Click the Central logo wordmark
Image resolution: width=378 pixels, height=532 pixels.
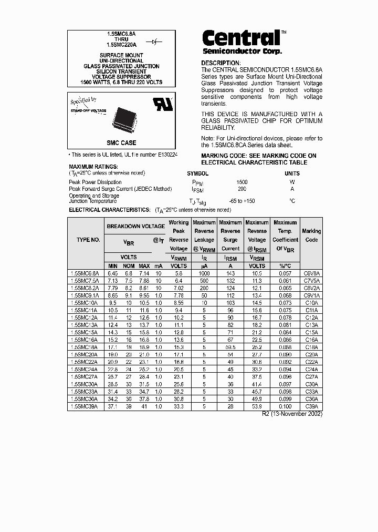click(x=241, y=38)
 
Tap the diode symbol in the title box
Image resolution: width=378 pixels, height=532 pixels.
click(x=154, y=41)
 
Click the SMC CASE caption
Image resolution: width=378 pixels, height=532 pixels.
click(x=121, y=143)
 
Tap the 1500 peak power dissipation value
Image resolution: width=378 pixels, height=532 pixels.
click(x=242, y=182)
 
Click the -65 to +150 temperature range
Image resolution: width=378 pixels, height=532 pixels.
click(x=242, y=201)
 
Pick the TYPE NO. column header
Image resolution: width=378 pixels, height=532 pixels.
click(x=88, y=240)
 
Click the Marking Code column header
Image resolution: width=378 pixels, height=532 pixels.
click(x=311, y=236)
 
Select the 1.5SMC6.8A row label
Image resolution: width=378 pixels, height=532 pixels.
click(x=85, y=274)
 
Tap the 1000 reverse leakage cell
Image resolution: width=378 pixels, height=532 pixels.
click(x=204, y=274)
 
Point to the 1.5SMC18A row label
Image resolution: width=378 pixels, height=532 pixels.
click(x=85, y=347)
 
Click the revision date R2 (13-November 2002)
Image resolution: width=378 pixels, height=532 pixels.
click(x=292, y=414)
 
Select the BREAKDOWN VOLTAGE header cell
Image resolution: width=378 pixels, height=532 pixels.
click(x=135, y=226)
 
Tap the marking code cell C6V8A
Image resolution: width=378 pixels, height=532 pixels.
click(x=311, y=274)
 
